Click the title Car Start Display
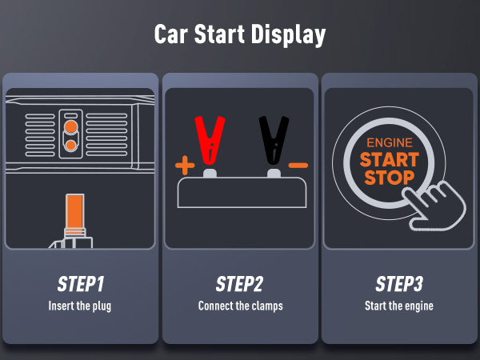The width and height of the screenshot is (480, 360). (240, 35)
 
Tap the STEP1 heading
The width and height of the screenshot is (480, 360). (80, 285)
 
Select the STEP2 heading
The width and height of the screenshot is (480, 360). (240, 285)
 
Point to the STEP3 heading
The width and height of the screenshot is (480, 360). (399, 285)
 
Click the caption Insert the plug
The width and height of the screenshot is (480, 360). (80, 306)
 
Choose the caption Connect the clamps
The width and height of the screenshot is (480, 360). (240, 306)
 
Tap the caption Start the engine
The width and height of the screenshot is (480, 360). (399, 306)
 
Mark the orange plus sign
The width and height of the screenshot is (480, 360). (185, 166)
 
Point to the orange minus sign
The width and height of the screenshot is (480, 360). (298, 166)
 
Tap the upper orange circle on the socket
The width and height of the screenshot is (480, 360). (71, 126)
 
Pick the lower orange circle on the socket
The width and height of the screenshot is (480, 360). (71, 146)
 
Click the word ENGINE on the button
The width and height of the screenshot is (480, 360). (388, 142)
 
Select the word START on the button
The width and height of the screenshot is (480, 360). (388, 159)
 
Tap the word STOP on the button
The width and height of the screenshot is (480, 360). (388, 177)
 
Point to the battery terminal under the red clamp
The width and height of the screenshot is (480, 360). (210, 173)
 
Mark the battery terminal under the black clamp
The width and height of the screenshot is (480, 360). (274, 173)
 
